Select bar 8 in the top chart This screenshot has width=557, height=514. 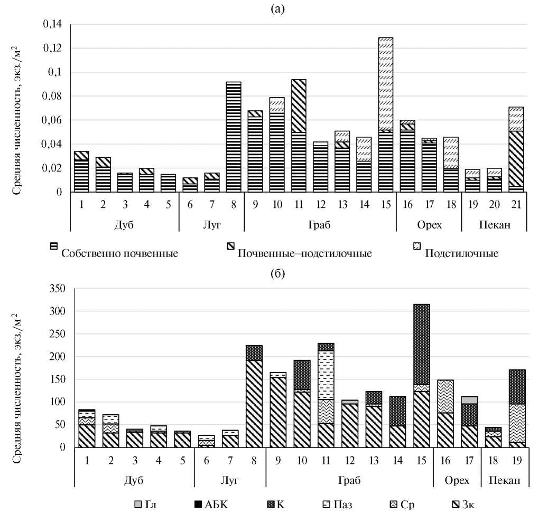[x=233, y=137]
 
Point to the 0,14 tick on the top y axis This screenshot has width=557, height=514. [x=51, y=24]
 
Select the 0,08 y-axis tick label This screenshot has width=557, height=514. [x=51, y=97]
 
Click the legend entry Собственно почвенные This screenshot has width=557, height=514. [x=119, y=253]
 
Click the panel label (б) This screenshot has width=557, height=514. [x=278, y=272]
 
